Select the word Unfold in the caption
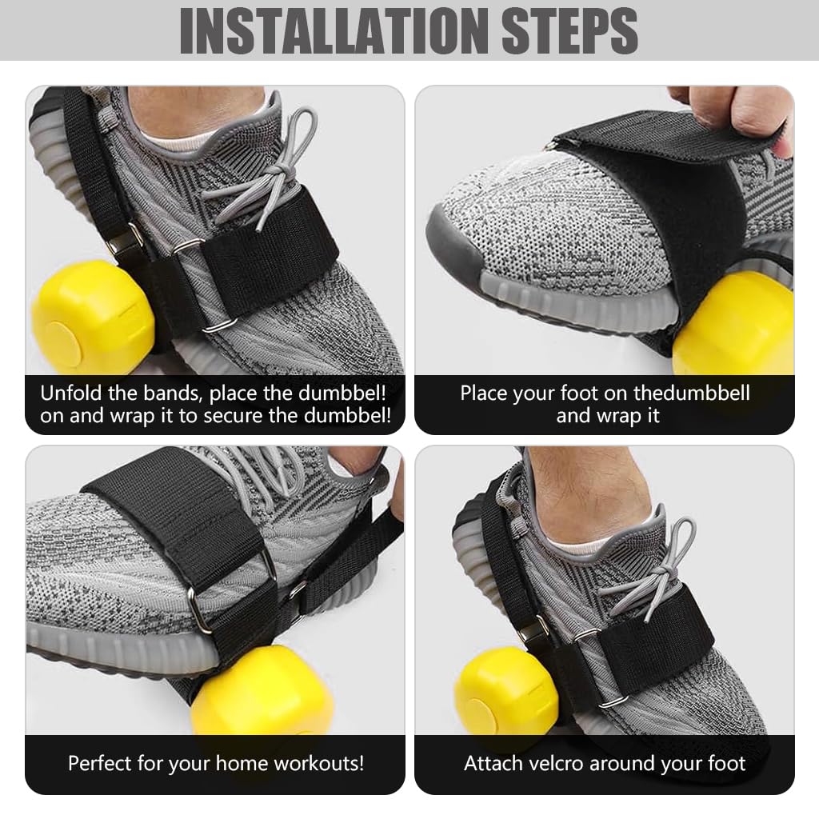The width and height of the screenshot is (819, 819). click(70, 394)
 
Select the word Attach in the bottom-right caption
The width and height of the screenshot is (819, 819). click(493, 763)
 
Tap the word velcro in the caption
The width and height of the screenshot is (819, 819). click(560, 763)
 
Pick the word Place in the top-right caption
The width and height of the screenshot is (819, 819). click(485, 394)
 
